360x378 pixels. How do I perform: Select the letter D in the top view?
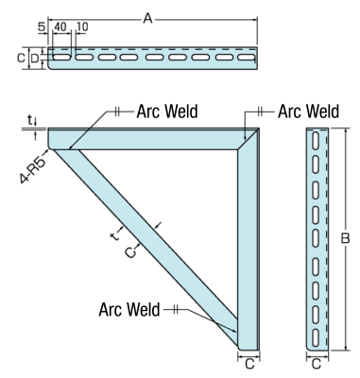pos(35,58)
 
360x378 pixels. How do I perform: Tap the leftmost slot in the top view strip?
pos(61,58)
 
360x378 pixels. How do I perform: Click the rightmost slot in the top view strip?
pos(249,58)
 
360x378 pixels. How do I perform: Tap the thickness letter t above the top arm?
pos(32,120)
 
